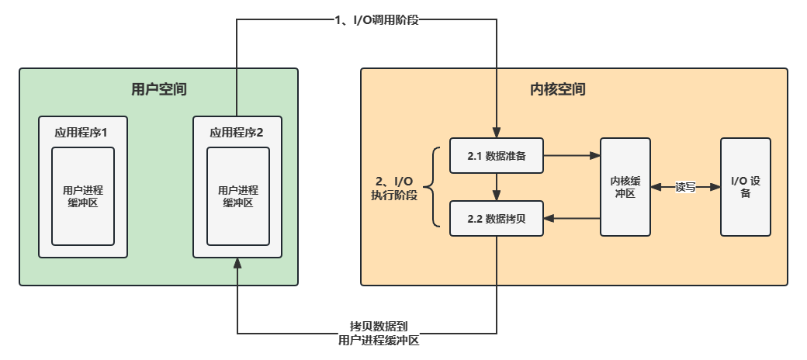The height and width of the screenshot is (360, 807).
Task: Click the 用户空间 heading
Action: coord(159,90)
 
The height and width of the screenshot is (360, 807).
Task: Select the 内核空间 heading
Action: coord(557,90)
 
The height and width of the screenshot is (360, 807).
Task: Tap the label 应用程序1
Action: coord(82,132)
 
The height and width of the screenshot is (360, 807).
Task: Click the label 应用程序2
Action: coord(237,132)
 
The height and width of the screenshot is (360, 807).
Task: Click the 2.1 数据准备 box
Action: coord(497,156)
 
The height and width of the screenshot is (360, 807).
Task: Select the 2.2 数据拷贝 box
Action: coord(497,219)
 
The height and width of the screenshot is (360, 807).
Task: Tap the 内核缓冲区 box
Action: coord(625,187)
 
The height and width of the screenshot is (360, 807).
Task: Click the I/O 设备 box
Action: coord(746,187)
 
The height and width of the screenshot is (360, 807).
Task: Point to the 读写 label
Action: coord(685,187)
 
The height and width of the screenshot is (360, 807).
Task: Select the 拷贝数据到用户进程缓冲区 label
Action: coord(379,334)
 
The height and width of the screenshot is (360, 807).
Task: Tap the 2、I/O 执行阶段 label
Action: coord(394,188)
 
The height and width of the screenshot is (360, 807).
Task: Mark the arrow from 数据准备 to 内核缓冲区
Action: coord(571,156)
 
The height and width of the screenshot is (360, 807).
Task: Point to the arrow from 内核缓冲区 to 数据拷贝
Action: coord(571,219)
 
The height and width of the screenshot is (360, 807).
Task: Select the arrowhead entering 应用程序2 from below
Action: coord(237,264)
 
